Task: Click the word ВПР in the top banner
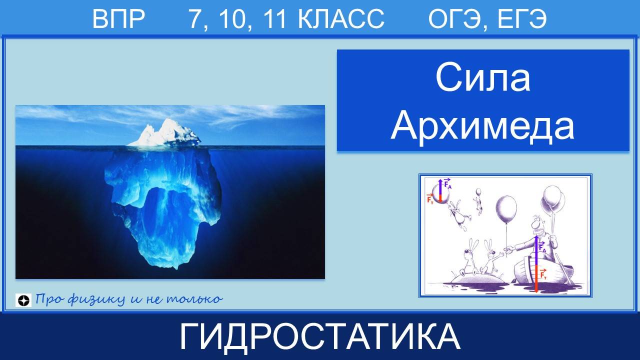(x=118, y=19)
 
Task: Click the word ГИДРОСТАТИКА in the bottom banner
(x=320, y=336)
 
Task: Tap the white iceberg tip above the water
(x=164, y=135)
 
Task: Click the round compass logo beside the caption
(x=23, y=300)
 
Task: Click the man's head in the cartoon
(x=537, y=225)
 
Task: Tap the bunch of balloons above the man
(x=552, y=200)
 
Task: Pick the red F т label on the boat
(x=543, y=274)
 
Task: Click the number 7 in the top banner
(x=193, y=19)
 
